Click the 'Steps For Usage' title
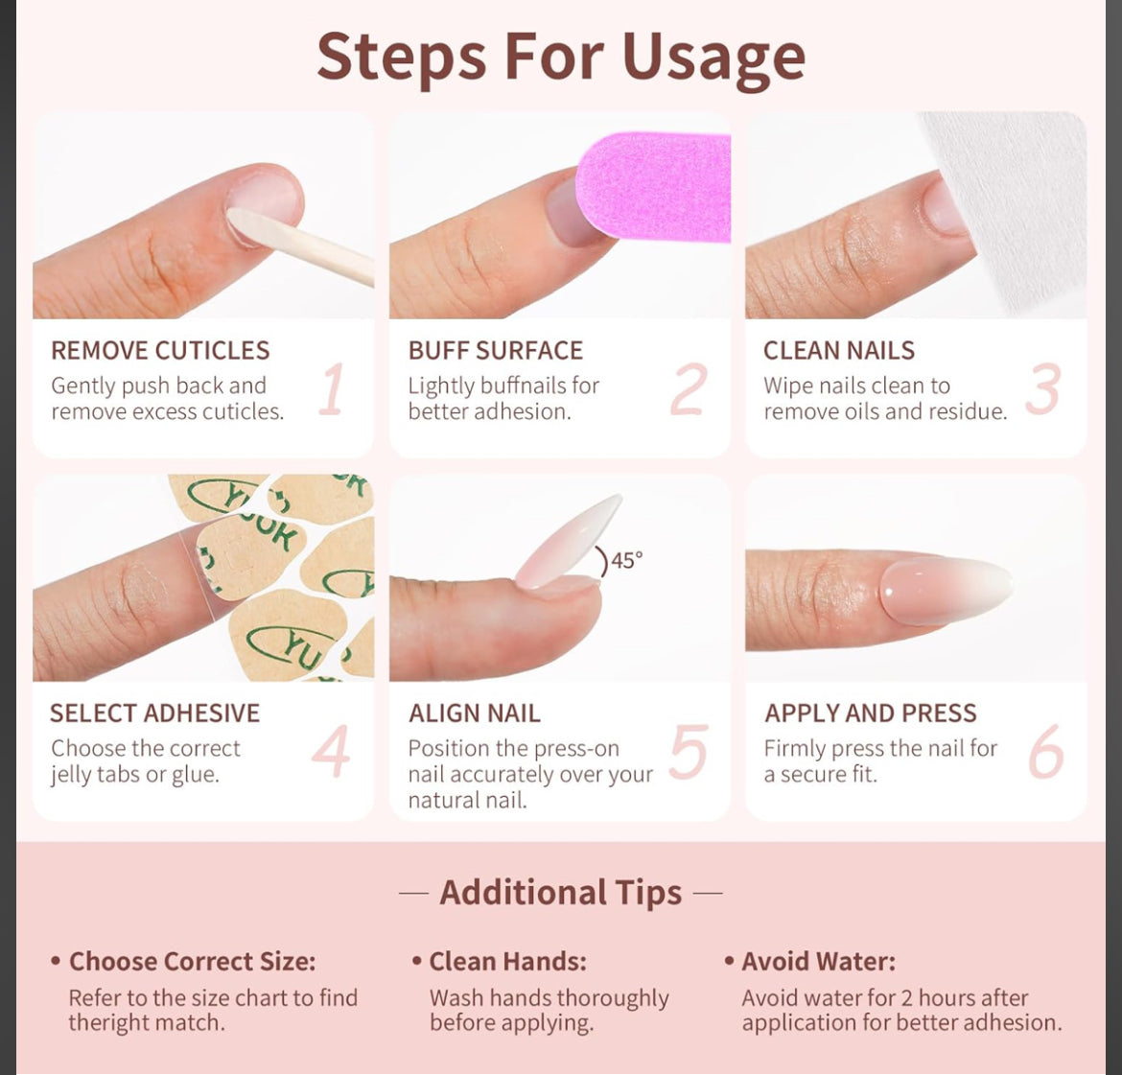coord(561,57)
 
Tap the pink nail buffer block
coord(657,187)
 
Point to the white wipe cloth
coord(1017,201)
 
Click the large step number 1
coord(332,389)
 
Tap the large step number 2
coord(689,389)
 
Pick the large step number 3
coord(1043,389)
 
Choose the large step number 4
coord(332,752)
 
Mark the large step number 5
coord(689,752)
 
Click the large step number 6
coord(1045,752)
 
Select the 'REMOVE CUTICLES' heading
coord(160,351)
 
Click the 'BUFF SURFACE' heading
coord(496,351)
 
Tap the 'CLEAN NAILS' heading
coord(839,351)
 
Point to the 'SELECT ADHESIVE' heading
coord(154,713)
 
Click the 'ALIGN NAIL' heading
coord(475,713)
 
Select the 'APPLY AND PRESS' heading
coord(871,713)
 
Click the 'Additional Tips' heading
coord(561,893)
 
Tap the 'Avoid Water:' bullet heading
coord(818,962)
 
